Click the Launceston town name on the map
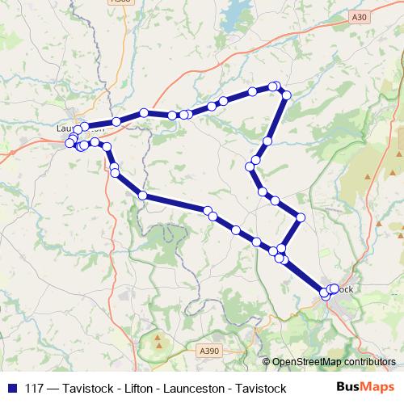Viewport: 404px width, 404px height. coord(81,128)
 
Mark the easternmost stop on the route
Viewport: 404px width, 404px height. coord(335,288)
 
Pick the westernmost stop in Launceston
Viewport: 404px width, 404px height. coord(69,144)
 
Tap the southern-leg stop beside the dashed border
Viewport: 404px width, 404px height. coord(142,196)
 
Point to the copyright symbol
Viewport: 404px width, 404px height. coord(267,362)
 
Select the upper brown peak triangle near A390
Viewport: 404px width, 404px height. coord(157,335)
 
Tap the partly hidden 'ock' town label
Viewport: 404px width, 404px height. coord(346,288)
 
